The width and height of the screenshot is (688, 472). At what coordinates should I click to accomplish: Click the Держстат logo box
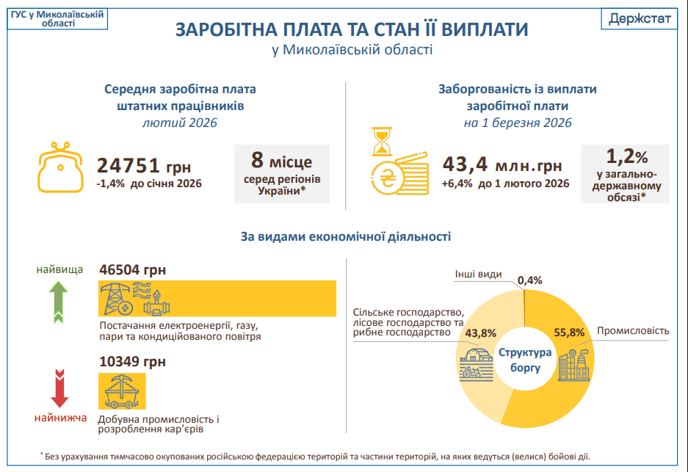click(640, 18)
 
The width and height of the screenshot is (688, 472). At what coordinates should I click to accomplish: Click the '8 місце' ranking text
click(282, 160)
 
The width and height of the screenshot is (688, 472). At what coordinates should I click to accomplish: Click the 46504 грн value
click(132, 269)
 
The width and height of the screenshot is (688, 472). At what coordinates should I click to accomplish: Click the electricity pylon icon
click(115, 299)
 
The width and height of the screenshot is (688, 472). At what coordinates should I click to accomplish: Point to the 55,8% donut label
click(568, 332)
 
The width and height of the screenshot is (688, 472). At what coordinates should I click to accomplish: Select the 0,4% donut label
click(529, 280)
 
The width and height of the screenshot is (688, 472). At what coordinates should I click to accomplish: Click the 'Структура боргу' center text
click(524, 359)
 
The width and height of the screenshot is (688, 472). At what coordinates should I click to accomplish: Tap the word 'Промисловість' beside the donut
click(632, 331)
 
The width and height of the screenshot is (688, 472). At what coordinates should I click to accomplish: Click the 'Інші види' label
click(478, 274)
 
